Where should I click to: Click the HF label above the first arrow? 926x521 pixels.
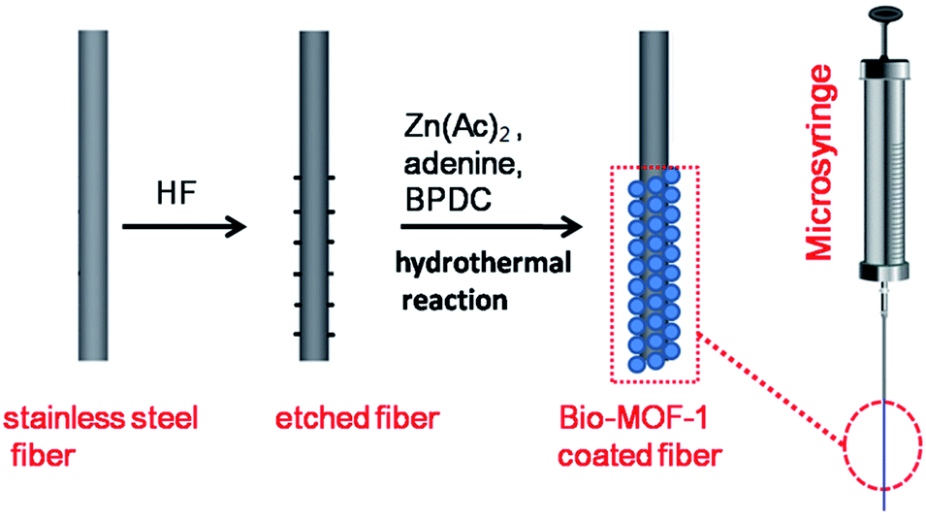tap(176, 193)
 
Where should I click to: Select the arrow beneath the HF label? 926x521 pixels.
tap(184, 227)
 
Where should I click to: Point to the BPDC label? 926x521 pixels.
tap(448, 200)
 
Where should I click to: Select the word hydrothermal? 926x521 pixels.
tap(483, 262)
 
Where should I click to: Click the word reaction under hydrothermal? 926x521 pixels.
tap(455, 300)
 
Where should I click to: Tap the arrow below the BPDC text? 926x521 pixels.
tap(492, 227)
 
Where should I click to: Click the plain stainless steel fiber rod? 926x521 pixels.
tap(93, 196)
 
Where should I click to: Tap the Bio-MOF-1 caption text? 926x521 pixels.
tap(633, 418)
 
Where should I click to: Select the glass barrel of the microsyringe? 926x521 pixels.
tap(883, 172)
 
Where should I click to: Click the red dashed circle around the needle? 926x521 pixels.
tap(883, 444)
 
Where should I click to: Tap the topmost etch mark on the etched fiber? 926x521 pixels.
tap(314, 178)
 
